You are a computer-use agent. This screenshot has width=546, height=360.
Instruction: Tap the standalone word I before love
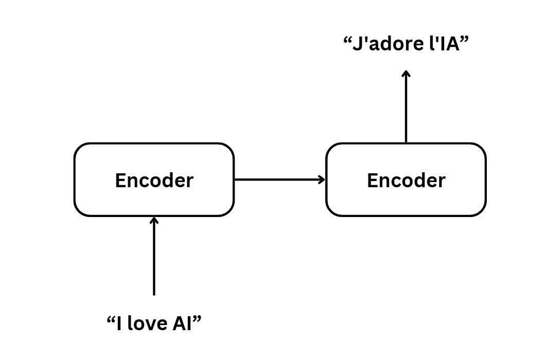point(120,324)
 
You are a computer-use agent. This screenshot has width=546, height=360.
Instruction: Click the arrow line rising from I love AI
point(154,257)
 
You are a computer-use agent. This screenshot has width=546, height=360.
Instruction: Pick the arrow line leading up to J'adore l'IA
point(406,108)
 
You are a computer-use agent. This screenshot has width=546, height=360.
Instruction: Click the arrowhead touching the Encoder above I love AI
point(154,220)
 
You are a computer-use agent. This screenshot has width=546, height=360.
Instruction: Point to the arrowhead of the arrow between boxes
point(323,179)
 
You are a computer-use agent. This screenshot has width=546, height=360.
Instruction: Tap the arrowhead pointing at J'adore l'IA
point(406,74)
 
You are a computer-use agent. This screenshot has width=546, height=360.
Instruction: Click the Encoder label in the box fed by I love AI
point(154,181)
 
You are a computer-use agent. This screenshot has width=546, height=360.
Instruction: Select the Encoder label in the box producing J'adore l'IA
point(406,181)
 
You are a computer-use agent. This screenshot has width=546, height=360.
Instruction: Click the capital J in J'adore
point(357,44)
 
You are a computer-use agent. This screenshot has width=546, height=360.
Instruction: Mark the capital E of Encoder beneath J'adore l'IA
point(372,181)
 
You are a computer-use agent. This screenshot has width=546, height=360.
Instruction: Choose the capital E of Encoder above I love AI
point(119,181)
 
